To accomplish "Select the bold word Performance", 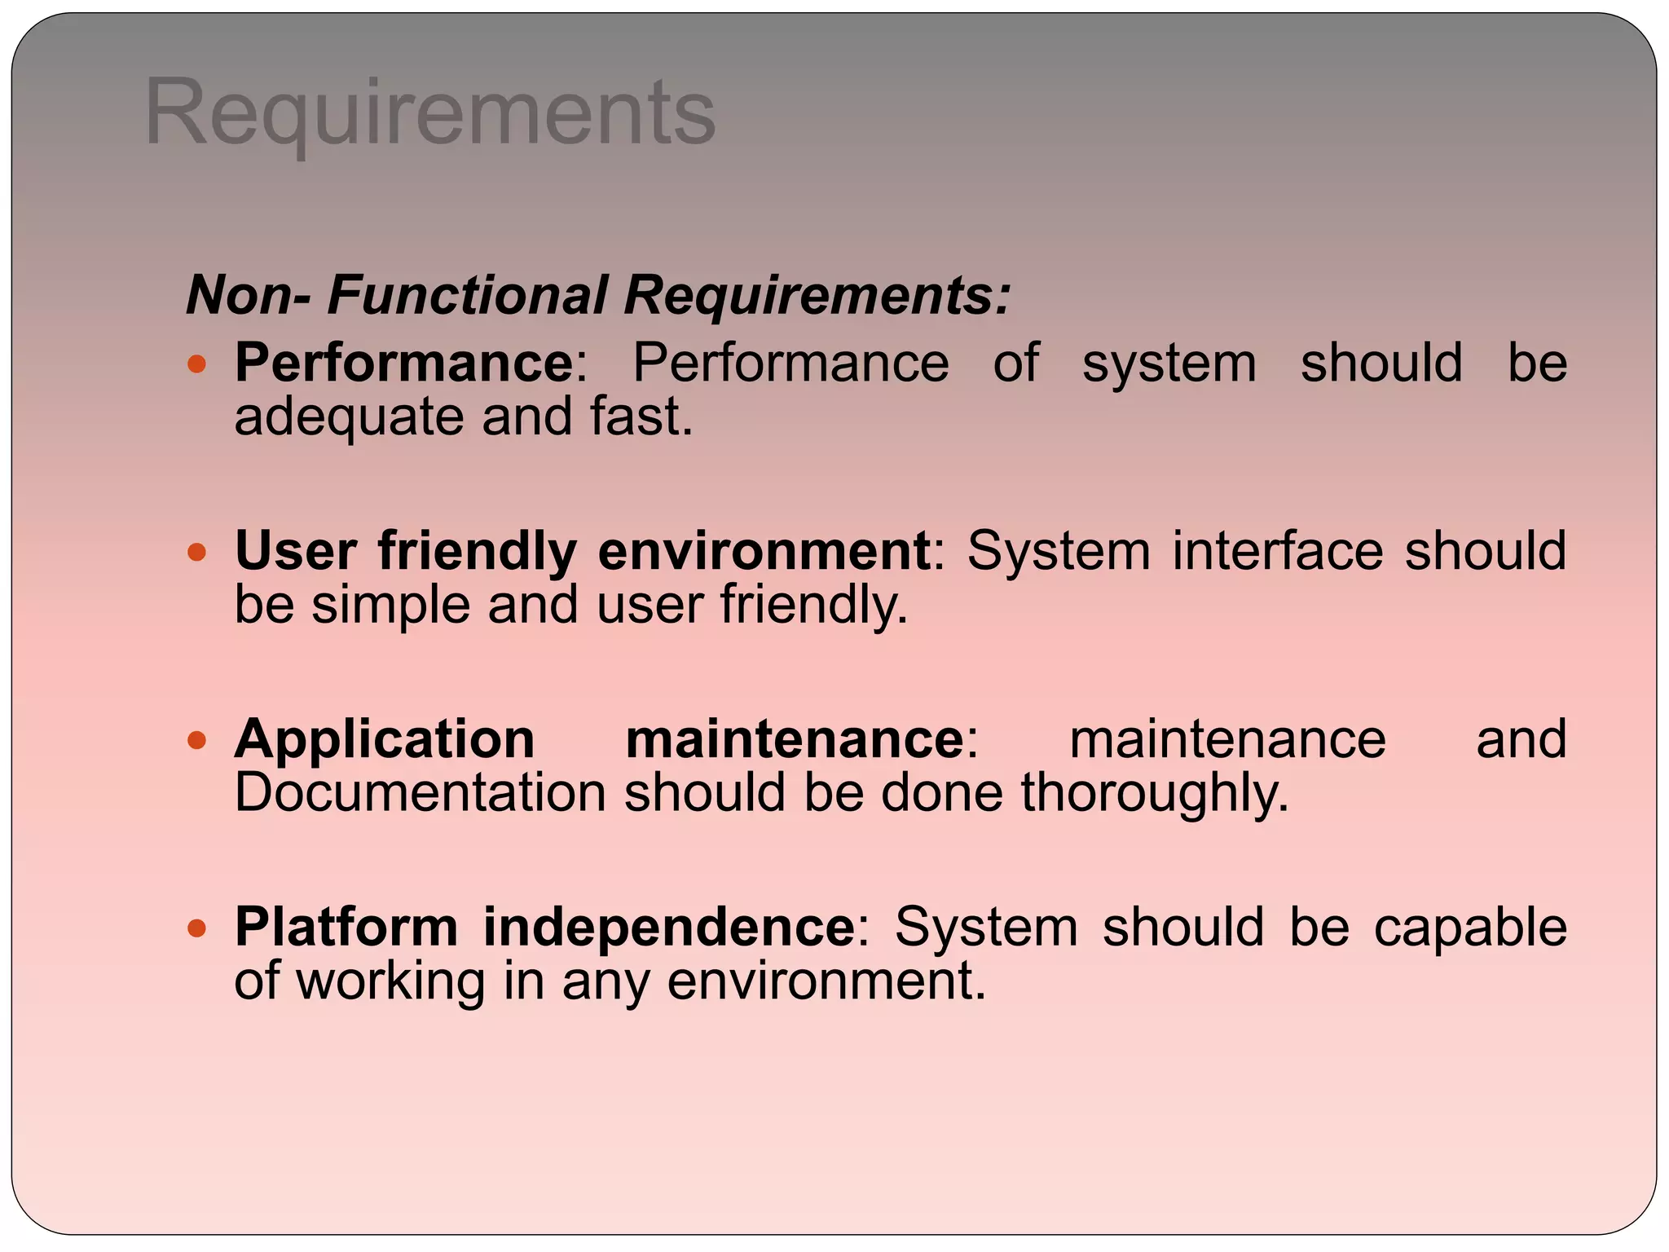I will click(404, 363).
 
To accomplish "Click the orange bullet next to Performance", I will click(196, 364).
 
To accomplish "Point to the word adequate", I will click(349, 417).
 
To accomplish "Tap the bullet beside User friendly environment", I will click(196, 553).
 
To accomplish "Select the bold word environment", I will click(764, 551).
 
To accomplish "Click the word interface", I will click(1277, 551).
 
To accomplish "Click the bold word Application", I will click(385, 740).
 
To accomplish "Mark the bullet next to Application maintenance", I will click(196, 740).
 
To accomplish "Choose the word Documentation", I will click(420, 793).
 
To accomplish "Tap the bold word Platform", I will click(346, 928).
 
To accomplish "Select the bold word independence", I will click(668, 928).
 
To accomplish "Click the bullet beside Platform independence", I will click(196, 928).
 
